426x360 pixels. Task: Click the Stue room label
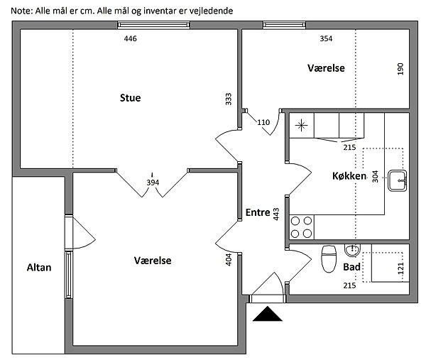[x=131, y=98]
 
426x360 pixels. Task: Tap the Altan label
[x=39, y=268]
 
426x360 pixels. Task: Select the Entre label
[x=258, y=212]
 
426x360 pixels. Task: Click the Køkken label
[x=349, y=176]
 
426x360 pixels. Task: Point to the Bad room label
[x=351, y=267]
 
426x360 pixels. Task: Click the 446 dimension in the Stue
[x=131, y=38]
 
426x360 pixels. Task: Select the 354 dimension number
[x=326, y=38]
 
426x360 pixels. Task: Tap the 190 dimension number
[x=400, y=69]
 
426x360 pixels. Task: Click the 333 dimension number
[x=229, y=99]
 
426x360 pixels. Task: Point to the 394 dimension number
[x=153, y=182]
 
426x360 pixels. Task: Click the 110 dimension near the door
[x=263, y=122]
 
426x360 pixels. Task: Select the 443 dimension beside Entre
[x=276, y=214]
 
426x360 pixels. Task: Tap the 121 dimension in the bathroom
[x=400, y=268]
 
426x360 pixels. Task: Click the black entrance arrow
[x=268, y=314]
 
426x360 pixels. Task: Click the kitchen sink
[x=397, y=180]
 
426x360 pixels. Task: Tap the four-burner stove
[x=301, y=227]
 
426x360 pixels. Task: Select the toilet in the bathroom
[x=329, y=258]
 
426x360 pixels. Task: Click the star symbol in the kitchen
[x=301, y=125]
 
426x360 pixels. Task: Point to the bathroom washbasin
[x=352, y=250]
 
